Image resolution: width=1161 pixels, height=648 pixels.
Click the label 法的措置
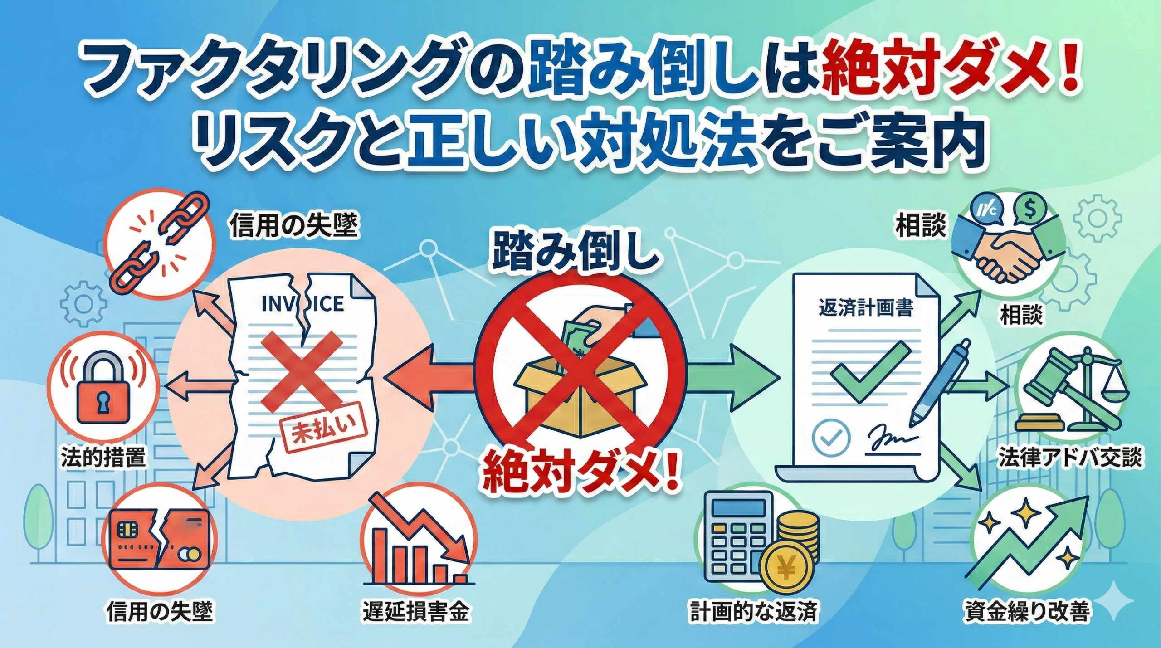pos(104,458)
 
